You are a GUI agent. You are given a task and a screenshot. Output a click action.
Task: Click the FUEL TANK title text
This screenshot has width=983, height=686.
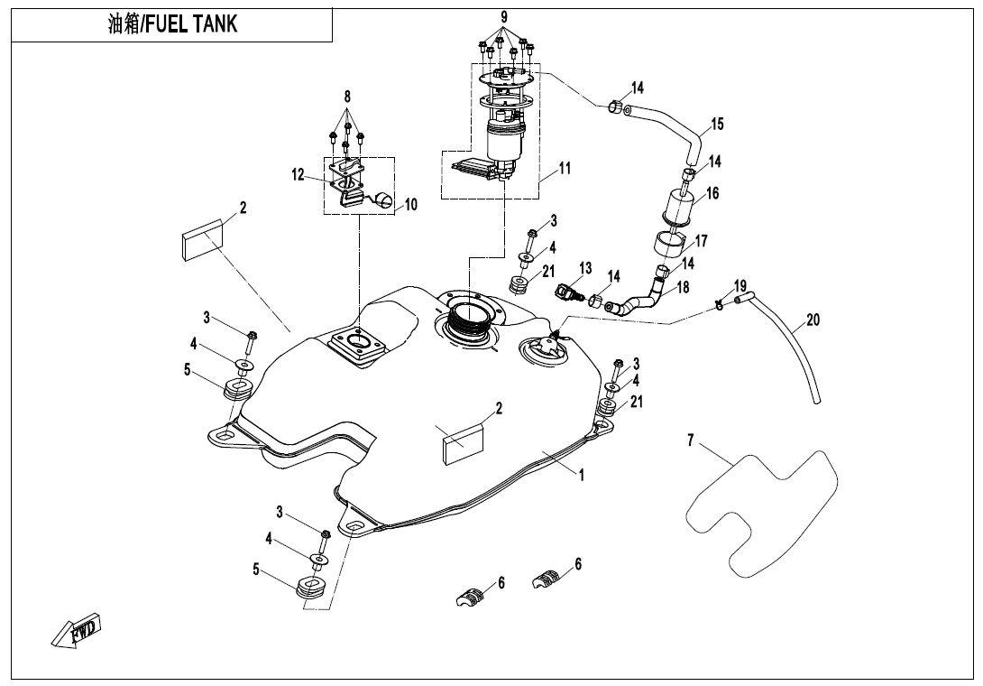click(172, 24)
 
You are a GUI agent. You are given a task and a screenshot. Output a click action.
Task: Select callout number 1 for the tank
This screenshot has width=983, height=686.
click(582, 476)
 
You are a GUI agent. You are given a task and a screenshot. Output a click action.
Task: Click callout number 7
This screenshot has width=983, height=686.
click(691, 440)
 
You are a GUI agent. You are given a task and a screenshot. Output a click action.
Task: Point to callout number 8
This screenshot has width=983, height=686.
click(346, 97)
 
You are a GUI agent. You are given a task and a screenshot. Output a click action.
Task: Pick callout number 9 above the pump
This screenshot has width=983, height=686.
click(504, 16)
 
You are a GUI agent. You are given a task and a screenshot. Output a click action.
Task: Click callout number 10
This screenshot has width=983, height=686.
click(410, 205)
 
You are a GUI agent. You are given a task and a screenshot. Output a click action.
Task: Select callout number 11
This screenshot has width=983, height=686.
click(565, 168)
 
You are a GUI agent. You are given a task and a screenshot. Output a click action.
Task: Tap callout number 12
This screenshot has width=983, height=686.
click(299, 175)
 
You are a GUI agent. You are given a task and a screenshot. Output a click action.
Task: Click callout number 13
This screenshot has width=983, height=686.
click(585, 268)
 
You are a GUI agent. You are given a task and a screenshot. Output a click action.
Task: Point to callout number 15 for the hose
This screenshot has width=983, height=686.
click(717, 124)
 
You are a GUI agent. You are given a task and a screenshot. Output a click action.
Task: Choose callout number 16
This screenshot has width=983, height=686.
click(712, 193)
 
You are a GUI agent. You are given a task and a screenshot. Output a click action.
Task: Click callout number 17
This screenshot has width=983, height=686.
click(701, 241)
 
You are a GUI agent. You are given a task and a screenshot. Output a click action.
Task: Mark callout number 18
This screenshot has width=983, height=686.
click(683, 287)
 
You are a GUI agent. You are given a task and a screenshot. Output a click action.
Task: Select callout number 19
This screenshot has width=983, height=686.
click(740, 286)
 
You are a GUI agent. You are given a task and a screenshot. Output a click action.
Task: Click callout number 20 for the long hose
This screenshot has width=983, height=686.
click(813, 320)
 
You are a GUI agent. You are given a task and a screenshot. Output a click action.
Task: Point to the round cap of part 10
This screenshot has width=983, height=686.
click(385, 200)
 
